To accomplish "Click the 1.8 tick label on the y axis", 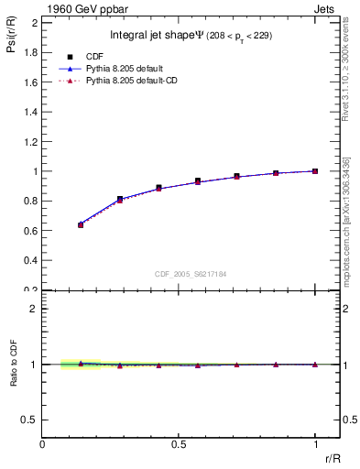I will tap(32, 52).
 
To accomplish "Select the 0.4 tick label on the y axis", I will tap(32, 260).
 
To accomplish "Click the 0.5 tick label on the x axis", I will tap(179, 444).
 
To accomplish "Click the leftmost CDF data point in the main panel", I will tap(81, 224).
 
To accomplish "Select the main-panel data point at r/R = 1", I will tap(315, 171).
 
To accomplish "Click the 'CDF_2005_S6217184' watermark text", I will tap(190, 274).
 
